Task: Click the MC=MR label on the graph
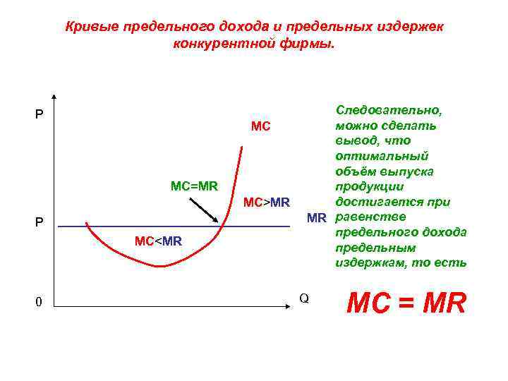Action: [x=194, y=186]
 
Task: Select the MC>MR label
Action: [x=266, y=203]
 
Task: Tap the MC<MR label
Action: [x=158, y=241]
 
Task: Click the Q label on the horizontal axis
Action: [x=304, y=298]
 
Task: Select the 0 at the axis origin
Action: [x=40, y=303]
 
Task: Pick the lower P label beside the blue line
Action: [x=40, y=223]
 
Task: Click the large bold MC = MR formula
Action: [x=408, y=303]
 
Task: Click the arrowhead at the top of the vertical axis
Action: [x=54, y=98]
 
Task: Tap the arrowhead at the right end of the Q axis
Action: [x=289, y=306]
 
